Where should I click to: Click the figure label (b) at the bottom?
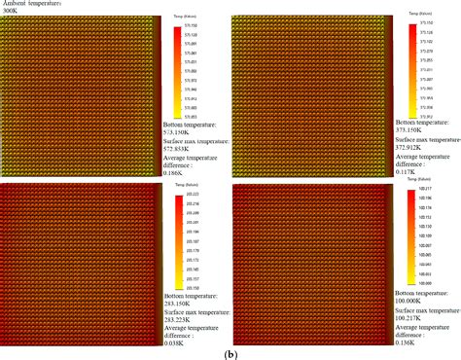(x=230, y=354)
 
